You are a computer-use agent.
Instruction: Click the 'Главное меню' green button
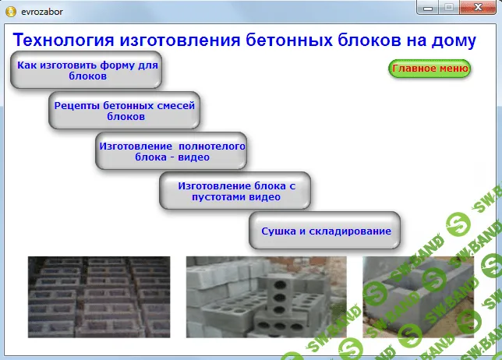click(x=430, y=69)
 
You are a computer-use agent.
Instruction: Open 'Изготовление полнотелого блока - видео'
click(x=171, y=151)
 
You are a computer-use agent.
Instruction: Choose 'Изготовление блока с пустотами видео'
click(x=235, y=192)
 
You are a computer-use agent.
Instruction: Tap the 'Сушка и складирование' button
click(x=325, y=231)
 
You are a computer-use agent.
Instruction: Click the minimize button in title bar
click(x=429, y=8)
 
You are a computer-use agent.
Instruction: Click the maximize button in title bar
click(x=449, y=8)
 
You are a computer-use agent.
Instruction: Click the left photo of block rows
click(x=99, y=297)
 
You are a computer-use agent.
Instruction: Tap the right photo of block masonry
click(x=418, y=297)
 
